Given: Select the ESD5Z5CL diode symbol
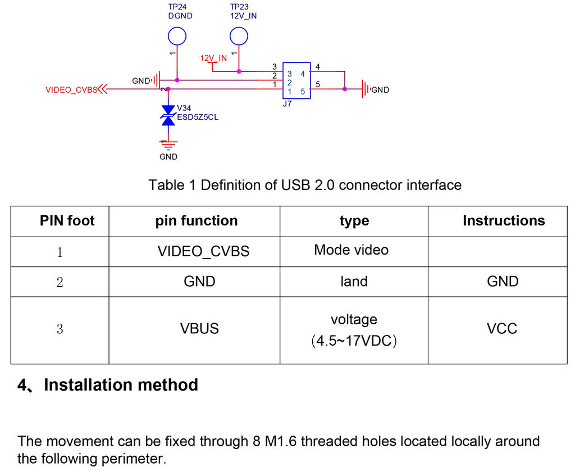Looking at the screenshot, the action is click(168, 115).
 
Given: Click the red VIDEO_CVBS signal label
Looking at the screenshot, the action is click(71, 90).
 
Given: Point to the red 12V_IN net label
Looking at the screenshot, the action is click(213, 58).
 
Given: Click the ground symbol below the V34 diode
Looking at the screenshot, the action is click(168, 146).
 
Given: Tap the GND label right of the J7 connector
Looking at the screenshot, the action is click(380, 90).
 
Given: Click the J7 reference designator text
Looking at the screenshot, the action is click(287, 104).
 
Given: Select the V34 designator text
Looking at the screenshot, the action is click(184, 108).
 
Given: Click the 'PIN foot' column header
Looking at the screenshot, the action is click(67, 221).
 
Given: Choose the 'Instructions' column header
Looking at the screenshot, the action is click(504, 221).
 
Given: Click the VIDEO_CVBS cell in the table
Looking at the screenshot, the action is click(203, 251).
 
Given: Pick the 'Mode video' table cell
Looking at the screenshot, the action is click(352, 250).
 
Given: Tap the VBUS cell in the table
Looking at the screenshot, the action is click(199, 329).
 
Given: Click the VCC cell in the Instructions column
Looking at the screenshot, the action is click(502, 329).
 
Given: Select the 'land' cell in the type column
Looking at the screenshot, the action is click(354, 282).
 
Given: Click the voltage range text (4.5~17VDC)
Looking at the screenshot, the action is click(354, 341).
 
